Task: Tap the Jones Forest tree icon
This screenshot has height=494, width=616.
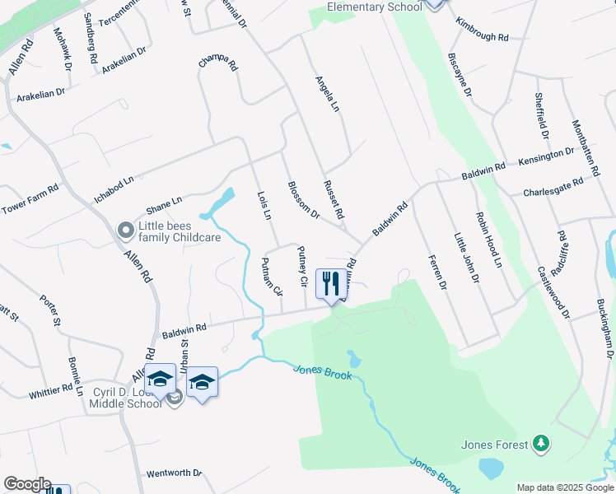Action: click(541, 445)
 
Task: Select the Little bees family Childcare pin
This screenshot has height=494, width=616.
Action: click(125, 231)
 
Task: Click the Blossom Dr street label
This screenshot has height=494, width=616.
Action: click(303, 200)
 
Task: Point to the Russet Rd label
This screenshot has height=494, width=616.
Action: click(334, 200)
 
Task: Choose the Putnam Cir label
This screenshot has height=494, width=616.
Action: click(272, 277)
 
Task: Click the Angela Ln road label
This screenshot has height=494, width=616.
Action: click(328, 95)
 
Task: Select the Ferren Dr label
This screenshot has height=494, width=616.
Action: click(436, 273)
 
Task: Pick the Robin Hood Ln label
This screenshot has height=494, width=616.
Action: click(488, 240)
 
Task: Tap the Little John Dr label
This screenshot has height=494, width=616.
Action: click(467, 258)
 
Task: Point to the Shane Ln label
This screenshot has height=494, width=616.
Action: click(164, 203)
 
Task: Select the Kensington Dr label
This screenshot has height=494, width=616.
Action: click(546, 156)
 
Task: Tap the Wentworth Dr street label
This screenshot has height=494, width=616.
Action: click(174, 473)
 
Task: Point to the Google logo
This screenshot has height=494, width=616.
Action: click(27, 484)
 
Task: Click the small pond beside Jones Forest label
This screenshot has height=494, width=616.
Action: click(491, 468)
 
